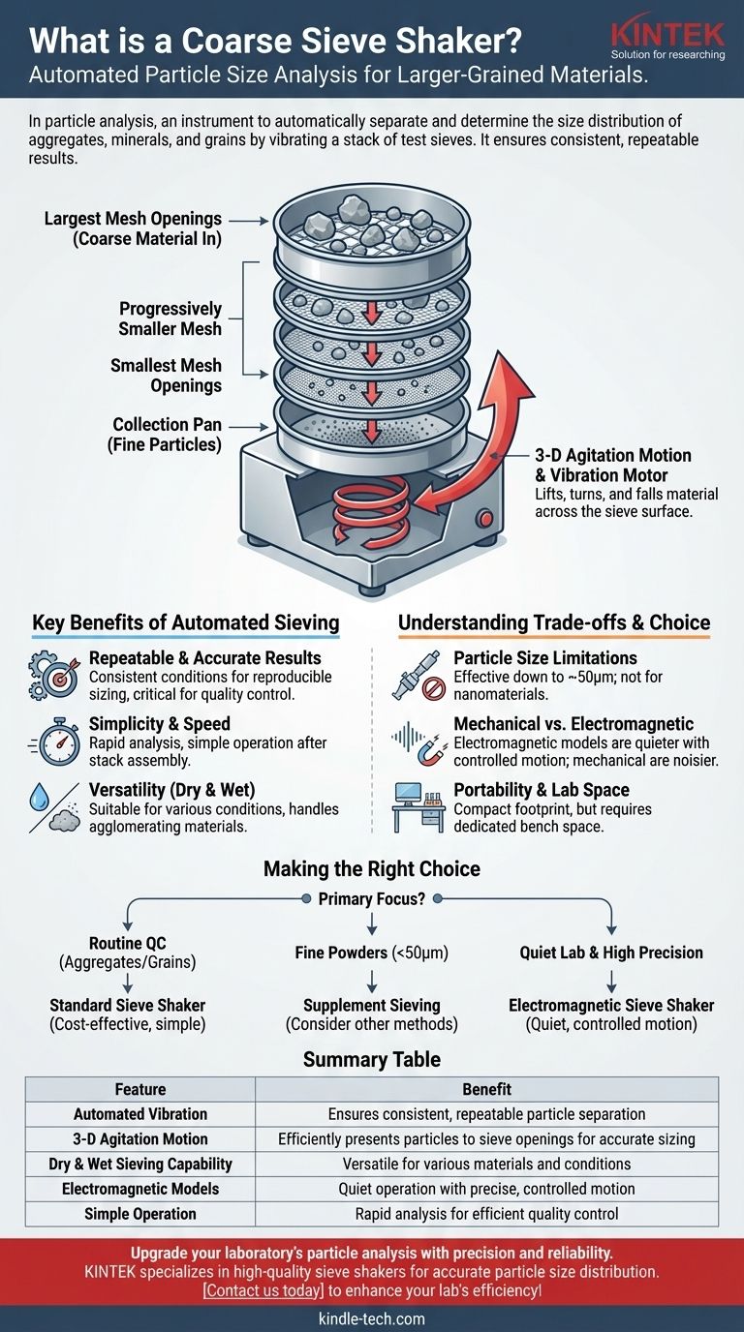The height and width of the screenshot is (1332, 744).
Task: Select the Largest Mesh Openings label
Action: [x=134, y=229]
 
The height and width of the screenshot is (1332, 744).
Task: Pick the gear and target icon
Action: [x=53, y=673]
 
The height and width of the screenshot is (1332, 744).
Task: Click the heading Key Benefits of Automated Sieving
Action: [x=185, y=622]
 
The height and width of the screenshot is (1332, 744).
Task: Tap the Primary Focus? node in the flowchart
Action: [x=371, y=899]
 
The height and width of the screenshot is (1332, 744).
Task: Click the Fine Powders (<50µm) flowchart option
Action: [x=372, y=953]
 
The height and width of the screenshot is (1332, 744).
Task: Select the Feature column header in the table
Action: [x=140, y=1089]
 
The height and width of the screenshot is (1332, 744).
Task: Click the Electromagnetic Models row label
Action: [x=140, y=1189]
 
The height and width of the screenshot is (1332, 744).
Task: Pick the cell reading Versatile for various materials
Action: [x=486, y=1164]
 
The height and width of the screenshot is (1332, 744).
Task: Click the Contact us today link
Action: [x=265, y=1290]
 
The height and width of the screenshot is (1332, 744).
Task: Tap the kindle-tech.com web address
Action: [x=372, y=1318]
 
